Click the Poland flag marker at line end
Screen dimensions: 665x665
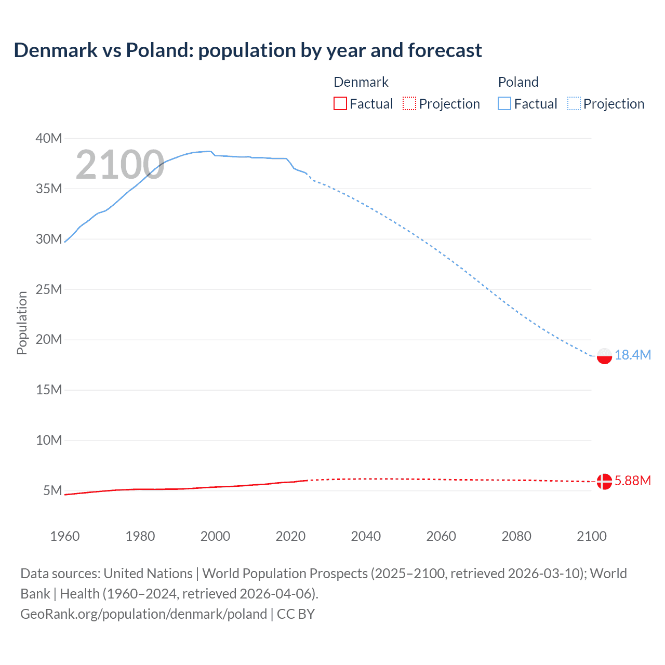[604, 356]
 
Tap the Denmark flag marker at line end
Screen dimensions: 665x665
[604, 482]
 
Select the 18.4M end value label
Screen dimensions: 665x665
[633, 355]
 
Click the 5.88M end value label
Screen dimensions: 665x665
[633, 481]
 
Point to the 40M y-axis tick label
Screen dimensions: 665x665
[49, 138]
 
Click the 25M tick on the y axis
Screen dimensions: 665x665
[49, 289]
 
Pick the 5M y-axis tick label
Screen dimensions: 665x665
[52, 490]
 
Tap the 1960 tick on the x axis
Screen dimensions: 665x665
[65, 536]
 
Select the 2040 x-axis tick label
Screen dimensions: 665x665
[366, 536]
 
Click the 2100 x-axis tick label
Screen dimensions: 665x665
[592, 536]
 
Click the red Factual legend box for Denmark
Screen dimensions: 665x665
[340, 104]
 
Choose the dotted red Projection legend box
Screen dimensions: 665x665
[409, 104]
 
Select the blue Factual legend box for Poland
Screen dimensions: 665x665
[504, 104]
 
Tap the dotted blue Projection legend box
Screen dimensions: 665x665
[574, 104]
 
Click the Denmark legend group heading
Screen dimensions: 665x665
[361, 82]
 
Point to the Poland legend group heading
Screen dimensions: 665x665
[518, 82]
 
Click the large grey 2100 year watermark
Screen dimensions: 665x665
[120, 165]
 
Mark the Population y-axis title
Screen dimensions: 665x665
[22, 323]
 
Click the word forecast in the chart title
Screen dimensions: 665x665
[445, 50]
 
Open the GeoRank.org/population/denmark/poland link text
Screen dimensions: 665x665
[143, 614]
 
